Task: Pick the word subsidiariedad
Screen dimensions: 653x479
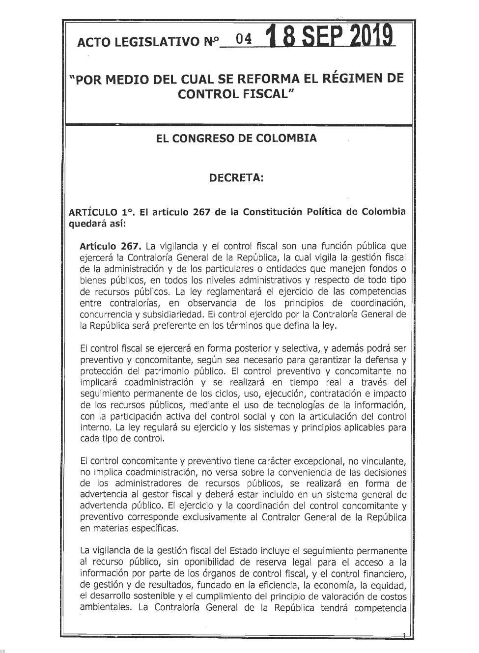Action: pyautogui.click(x=162, y=314)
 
